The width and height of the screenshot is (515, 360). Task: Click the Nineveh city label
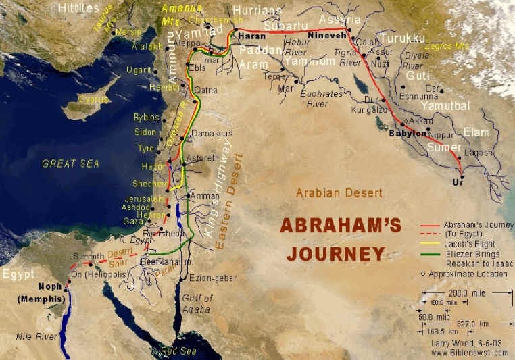(326, 34)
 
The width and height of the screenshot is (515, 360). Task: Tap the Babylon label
(408, 134)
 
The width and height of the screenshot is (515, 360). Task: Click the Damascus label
(212, 134)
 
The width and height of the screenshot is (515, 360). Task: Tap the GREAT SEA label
(70, 163)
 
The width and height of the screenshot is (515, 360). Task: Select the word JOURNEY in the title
(335, 254)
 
